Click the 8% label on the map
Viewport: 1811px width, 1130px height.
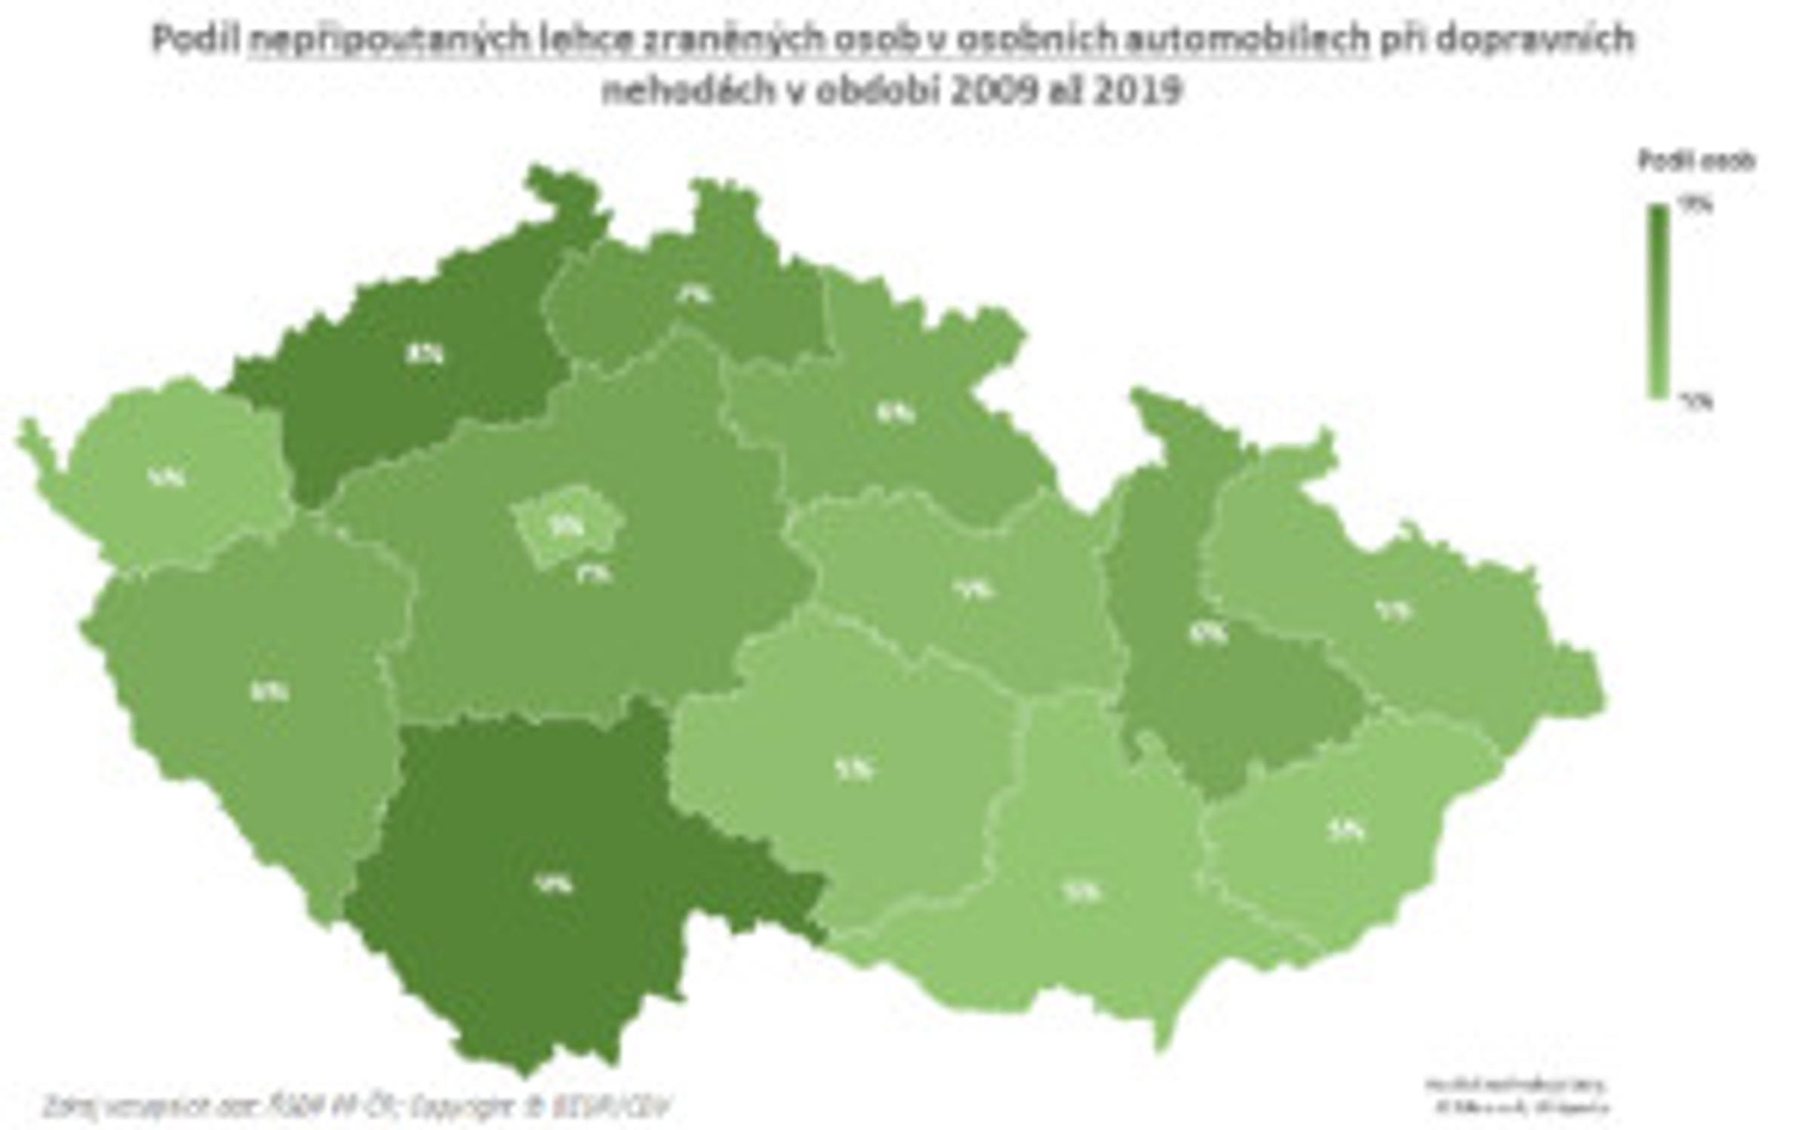point(425,354)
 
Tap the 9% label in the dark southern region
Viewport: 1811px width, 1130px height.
point(554,884)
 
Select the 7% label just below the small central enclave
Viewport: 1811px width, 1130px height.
point(595,574)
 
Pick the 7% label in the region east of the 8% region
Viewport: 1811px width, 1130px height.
point(694,295)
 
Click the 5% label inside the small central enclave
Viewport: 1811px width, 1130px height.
point(567,526)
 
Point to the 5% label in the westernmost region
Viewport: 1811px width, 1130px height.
point(167,477)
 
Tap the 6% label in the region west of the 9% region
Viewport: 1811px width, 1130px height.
point(269,691)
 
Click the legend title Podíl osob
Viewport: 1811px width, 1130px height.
point(1696,161)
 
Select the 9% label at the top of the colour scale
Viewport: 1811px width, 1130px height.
point(1696,205)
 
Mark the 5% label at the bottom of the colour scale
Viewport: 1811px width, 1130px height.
point(1696,402)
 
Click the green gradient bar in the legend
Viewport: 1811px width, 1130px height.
point(1658,302)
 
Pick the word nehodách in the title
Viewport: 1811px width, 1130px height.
point(688,91)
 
